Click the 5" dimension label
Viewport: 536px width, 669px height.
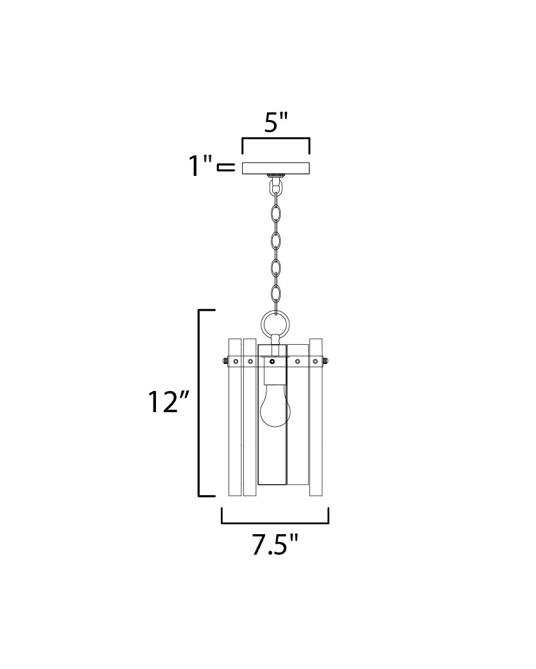pos(276,123)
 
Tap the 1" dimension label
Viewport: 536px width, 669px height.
pos(200,166)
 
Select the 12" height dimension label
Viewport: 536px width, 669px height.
pos(168,402)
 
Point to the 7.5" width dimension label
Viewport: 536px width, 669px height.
pos(274,545)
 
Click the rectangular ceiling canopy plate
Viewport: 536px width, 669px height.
pos(276,168)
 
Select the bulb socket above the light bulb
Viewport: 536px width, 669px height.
pos(275,369)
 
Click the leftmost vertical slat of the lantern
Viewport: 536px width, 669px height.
pos(235,417)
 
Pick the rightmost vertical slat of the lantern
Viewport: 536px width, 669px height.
pos(316,417)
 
